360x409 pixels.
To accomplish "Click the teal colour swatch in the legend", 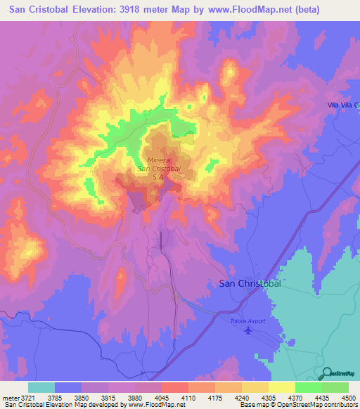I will [x=41, y=387].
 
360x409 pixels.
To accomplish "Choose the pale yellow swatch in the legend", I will [x=282, y=387].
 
